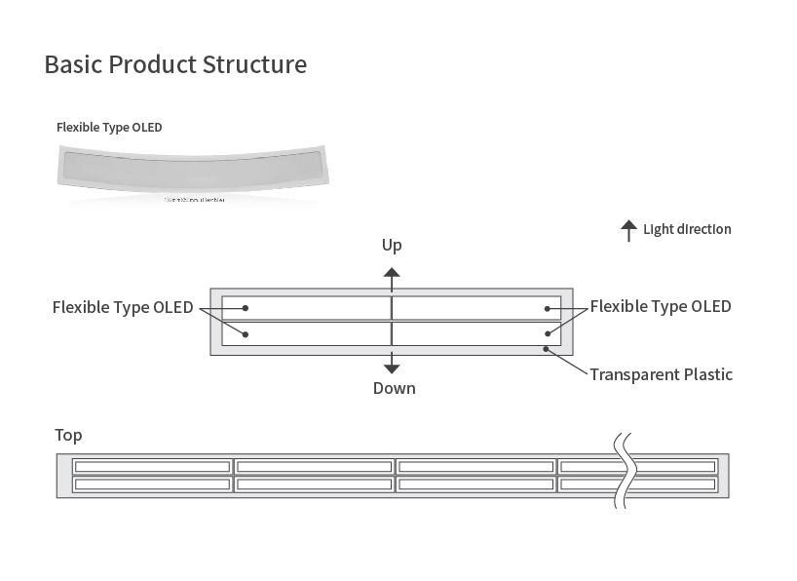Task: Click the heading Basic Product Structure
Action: [175, 64]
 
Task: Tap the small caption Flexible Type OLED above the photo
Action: [109, 127]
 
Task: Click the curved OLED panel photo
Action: [193, 173]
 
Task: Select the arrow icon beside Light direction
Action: [628, 230]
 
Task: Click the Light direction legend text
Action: [687, 230]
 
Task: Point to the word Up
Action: [392, 245]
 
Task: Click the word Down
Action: [394, 388]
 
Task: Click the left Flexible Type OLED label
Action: [123, 307]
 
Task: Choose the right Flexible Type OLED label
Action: [661, 306]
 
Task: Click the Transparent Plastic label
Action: [661, 374]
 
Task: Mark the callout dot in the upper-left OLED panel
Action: [246, 308]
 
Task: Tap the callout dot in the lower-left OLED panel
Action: [246, 334]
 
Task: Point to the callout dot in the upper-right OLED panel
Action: [548, 308]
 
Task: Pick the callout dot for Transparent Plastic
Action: [548, 347]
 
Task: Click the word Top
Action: [68, 435]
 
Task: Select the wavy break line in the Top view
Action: [623, 470]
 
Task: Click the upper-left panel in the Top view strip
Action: [152, 465]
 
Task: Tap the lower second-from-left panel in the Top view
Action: [314, 484]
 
